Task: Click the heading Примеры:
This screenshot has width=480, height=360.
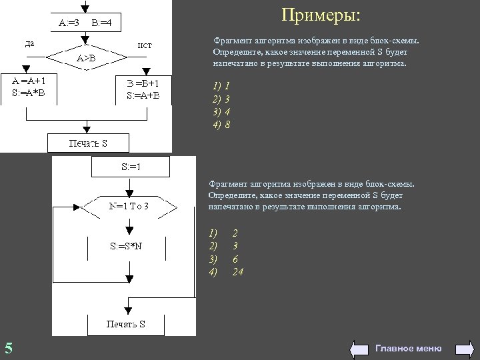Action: click(320, 15)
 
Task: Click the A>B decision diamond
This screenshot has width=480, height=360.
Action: click(85, 58)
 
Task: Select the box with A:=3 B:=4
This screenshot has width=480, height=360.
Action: click(85, 23)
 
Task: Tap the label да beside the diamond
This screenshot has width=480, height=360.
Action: click(30, 44)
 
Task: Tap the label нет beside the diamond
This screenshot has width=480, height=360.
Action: click(144, 45)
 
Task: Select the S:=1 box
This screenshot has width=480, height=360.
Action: click(130, 166)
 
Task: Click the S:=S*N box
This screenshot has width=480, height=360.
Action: click(126, 246)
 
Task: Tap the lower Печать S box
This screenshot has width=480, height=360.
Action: click(126, 324)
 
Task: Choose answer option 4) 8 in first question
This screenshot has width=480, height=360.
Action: click(222, 125)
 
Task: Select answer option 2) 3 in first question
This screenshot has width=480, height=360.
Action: click(222, 99)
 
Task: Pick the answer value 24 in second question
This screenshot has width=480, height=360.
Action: click(237, 272)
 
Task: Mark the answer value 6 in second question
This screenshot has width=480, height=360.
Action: click(235, 259)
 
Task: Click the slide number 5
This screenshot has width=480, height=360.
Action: click(8, 347)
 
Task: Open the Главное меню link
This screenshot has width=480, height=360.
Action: click(408, 348)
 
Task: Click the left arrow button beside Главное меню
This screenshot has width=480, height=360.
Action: click(359, 348)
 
